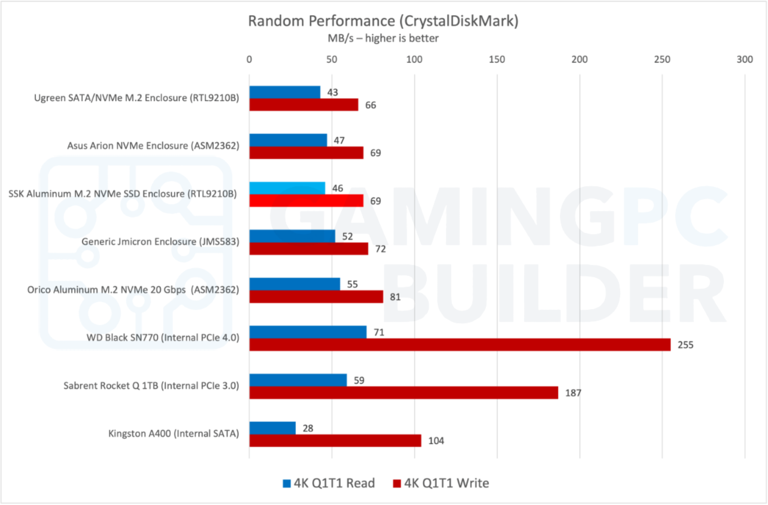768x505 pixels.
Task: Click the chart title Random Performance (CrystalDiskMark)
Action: pyautogui.click(x=383, y=21)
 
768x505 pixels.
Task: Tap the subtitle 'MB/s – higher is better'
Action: pyautogui.click(x=383, y=38)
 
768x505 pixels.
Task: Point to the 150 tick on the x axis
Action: pyautogui.click(x=496, y=59)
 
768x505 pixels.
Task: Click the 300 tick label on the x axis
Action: pyautogui.click(x=744, y=59)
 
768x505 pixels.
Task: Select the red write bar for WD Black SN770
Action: pyautogui.click(x=460, y=345)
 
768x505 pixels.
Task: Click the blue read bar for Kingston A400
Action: pyautogui.click(x=272, y=428)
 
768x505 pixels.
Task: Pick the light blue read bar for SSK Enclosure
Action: pyautogui.click(x=287, y=188)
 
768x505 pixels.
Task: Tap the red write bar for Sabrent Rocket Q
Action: pyautogui.click(x=403, y=393)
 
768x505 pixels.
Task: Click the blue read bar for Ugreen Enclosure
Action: pyautogui.click(x=285, y=92)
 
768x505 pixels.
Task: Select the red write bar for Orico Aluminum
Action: pyautogui.click(x=316, y=297)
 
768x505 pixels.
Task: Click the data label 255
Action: pyautogui.click(x=685, y=345)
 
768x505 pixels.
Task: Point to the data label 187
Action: pyautogui.click(x=573, y=393)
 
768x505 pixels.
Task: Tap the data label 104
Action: pyautogui.click(x=436, y=441)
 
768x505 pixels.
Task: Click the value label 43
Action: pyautogui.click(x=332, y=92)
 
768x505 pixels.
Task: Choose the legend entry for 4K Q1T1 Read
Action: pyautogui.click(x=329, y=483)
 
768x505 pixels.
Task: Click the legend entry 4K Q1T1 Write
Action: pyautogui.click(x=441, y=483)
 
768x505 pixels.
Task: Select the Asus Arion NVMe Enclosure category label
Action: pyautogui.click(x=153, y=145)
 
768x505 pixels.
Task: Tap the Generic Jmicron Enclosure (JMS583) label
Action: pyautogui.click(x=160, y=241)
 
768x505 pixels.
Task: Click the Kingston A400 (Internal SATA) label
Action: pyautogui.click(x=173, y=433)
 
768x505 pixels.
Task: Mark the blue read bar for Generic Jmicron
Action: pyautogui.click(x=292, y=236)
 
